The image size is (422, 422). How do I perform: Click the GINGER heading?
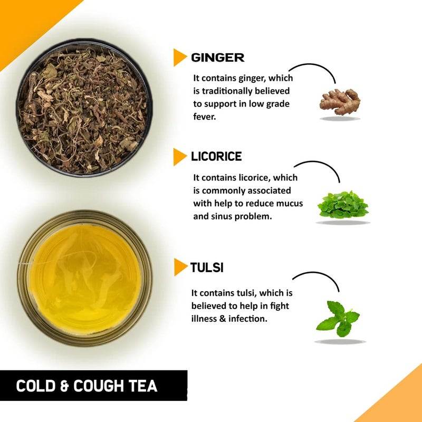[x=217, y=57]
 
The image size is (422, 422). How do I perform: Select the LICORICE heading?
[x=216, y=156]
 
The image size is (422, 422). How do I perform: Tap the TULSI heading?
[x=207, y=267]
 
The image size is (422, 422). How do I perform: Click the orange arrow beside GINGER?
[x=180, y=57]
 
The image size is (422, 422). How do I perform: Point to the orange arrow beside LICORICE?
[x=180, y=157]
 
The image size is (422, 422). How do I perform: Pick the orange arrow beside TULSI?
[x=180, y=267]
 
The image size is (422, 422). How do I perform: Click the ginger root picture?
[x=340, y=100]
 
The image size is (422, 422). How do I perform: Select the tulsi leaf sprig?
[x=338, y=318]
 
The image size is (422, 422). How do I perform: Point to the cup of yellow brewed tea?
[x=85, y=279]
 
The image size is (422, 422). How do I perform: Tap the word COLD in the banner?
[x=36, y=386]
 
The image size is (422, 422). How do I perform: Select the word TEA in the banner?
[x=143, y=386]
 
